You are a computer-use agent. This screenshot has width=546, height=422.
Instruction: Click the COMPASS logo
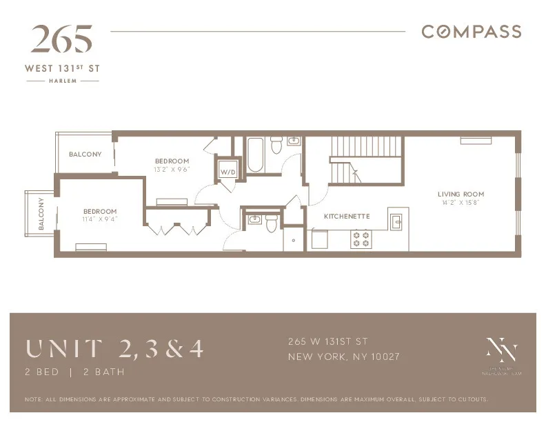471,32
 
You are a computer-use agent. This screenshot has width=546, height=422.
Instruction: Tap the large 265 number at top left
61,40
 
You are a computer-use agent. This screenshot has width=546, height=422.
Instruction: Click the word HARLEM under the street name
62,81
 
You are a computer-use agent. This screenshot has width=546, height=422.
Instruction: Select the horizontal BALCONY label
85,154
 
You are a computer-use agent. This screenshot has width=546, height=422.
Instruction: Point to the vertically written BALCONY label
41,214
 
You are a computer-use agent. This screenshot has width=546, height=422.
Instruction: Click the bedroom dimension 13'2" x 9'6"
172,169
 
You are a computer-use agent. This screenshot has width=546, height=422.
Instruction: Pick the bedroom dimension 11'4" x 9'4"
100,219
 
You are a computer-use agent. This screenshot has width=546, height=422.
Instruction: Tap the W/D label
227,172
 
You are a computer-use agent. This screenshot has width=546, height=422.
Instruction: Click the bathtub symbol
254,154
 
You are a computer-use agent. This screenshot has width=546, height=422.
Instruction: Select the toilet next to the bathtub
276,145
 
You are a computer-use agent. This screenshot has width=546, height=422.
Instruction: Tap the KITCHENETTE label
346,217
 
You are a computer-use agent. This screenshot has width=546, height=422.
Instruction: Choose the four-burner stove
361,239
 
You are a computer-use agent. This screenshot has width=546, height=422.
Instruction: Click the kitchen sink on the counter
397,222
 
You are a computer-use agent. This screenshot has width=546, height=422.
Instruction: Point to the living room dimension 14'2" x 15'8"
461,203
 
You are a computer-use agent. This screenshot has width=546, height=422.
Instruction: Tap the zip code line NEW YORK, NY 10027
343,356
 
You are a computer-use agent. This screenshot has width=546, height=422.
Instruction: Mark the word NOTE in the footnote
32,399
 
